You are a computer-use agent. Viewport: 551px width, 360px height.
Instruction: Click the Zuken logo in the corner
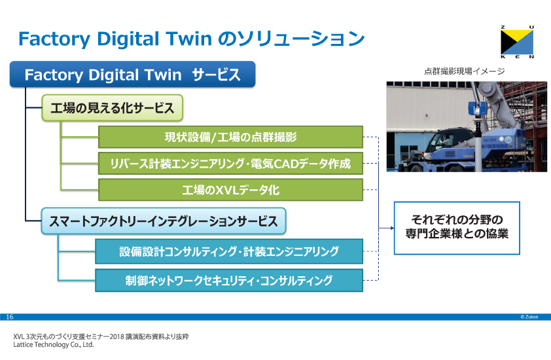517,42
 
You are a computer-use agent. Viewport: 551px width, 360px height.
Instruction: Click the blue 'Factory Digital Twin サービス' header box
132,74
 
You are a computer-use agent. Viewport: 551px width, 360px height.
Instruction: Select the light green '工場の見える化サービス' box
113,108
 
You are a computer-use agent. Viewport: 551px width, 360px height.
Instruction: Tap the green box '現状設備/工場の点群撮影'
230,137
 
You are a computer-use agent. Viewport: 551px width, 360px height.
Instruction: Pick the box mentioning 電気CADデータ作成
230,164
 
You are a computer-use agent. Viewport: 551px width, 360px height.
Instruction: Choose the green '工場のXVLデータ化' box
230,190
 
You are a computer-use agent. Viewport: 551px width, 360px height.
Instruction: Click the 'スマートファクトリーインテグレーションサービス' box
164,221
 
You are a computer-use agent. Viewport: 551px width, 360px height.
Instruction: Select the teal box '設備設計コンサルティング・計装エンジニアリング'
229,251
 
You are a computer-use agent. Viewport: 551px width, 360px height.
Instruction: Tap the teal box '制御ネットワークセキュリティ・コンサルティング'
229,281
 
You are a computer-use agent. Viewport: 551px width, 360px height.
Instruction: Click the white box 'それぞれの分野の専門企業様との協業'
457,228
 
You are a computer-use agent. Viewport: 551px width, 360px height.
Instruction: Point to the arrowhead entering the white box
392,228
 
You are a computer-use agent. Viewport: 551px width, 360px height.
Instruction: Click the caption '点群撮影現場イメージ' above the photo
464,71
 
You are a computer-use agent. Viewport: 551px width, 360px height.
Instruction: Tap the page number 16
9,317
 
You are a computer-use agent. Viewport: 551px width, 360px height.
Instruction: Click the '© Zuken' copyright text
529,317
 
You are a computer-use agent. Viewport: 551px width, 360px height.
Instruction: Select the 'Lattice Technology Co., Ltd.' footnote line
54,344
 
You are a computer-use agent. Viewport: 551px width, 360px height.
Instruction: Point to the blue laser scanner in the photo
477,108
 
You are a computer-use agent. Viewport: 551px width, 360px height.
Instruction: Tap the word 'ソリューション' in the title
301,39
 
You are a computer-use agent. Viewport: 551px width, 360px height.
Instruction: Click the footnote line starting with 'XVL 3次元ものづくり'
101,336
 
